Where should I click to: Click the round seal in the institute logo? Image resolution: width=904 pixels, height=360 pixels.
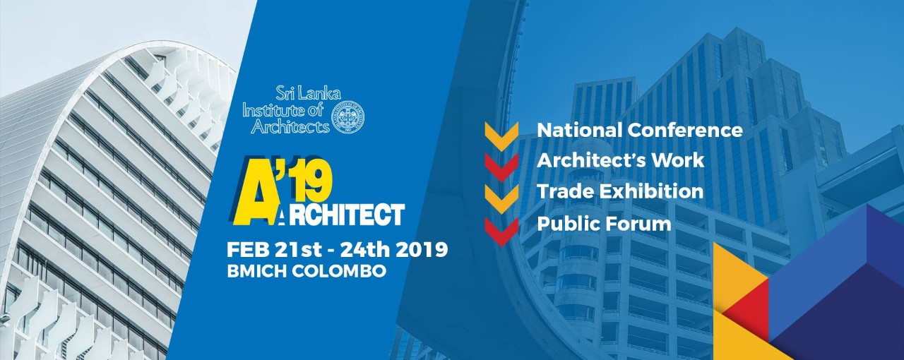pos(347,117)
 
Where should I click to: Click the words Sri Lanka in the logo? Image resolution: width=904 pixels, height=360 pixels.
pos(309,94)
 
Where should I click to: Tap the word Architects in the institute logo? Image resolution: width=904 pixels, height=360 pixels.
pos(290,127)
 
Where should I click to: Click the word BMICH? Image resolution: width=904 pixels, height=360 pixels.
pos(256,271)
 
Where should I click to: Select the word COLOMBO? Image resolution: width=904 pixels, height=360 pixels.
pos(338,271)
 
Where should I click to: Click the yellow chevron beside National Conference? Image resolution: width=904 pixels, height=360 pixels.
pos(501,136)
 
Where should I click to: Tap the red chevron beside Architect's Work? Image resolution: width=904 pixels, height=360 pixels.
pos(501,167)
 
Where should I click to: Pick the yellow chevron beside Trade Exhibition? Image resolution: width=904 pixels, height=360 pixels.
pos(501,199)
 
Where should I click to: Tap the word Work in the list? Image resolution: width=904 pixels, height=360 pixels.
pos(678,160)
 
